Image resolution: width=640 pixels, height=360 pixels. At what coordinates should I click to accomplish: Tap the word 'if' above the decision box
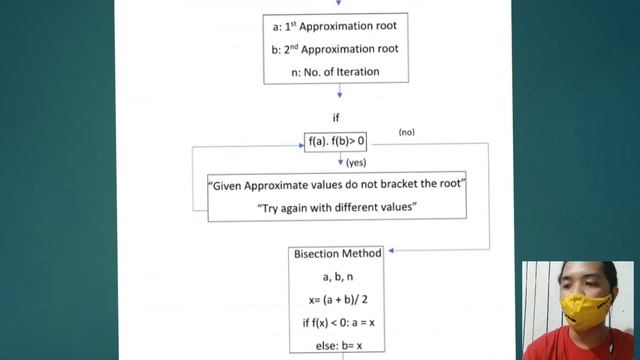click(x=337, y=117)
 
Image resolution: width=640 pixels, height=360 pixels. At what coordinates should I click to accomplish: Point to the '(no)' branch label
click(x=407, y=132)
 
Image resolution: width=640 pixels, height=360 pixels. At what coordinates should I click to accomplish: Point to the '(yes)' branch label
click(x=357, y=162)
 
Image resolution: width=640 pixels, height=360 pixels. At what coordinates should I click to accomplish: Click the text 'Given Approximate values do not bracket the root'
click(x=337, y=185)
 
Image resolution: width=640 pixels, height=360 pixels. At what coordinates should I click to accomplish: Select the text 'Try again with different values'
click(x=337, y=207)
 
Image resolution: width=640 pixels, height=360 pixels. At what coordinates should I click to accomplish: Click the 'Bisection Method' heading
click(x=337, y=254)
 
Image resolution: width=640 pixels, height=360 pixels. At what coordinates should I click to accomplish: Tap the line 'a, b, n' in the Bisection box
click(x=337, y=277)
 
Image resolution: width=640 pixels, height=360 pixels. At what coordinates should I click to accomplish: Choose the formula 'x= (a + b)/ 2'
click(x=337, y=300)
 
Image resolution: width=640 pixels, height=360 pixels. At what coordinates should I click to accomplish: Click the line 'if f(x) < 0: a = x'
click(x=337, y=323)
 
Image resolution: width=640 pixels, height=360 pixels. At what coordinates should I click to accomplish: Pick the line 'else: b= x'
click(x=337, y=346)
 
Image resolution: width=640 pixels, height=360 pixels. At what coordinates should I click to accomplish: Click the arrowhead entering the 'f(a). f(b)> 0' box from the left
click(x=302, y=143)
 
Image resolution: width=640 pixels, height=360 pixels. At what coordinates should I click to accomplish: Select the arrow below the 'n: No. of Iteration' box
click(x=340, y=92)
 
